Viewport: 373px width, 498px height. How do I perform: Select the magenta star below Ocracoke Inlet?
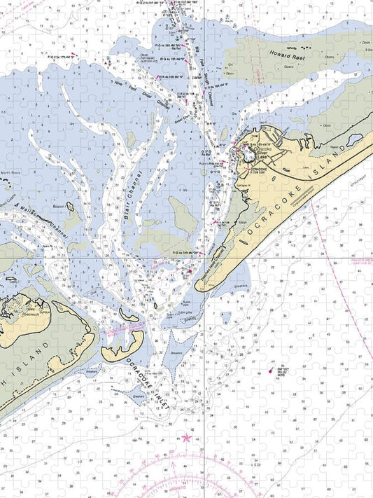pyautogui.click(x=186, y=438)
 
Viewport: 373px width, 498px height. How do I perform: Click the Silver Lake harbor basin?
pyautogui.click(x=249, y=155)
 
